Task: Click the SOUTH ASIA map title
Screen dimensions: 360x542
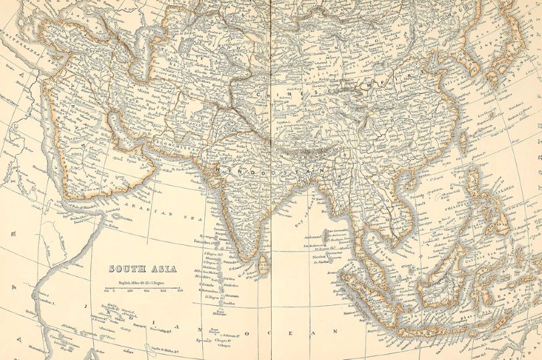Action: click(x=143, y=269)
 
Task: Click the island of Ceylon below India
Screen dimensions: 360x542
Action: click(x=263, y=263)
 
